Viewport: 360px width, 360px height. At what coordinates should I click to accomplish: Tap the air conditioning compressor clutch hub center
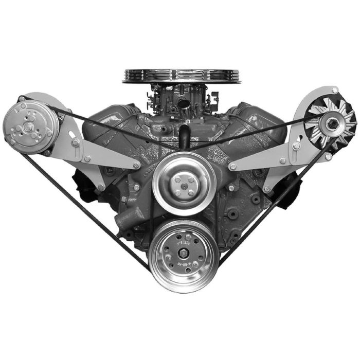pos(23,123)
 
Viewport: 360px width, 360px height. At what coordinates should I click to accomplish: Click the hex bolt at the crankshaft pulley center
pos(184,255)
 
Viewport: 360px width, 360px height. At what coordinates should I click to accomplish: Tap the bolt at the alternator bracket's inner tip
pos(232,167)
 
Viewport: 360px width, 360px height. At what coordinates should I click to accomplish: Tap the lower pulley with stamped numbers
pos(184,255)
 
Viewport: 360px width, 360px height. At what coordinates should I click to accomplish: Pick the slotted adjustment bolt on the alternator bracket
pos(296,146)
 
